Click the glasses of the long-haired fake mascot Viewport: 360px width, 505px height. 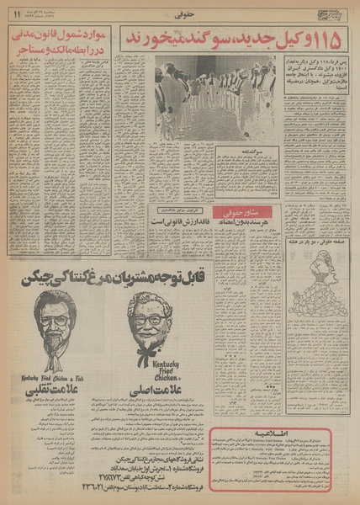[55, 321]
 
